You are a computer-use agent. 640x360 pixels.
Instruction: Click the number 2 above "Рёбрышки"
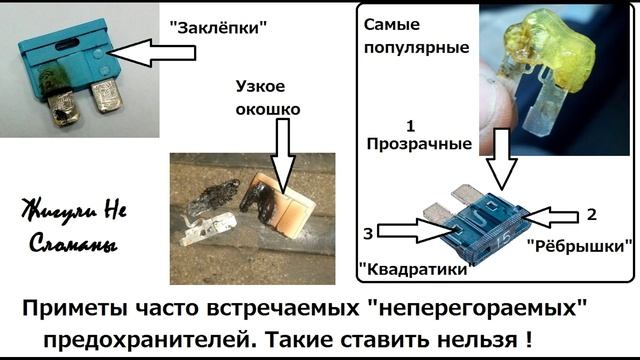click(591, 213)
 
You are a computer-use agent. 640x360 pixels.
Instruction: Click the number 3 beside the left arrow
click(369, 233)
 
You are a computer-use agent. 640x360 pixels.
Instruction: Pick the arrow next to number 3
click(415, 230)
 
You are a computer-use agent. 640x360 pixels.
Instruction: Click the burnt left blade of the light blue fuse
click(59, 109)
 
